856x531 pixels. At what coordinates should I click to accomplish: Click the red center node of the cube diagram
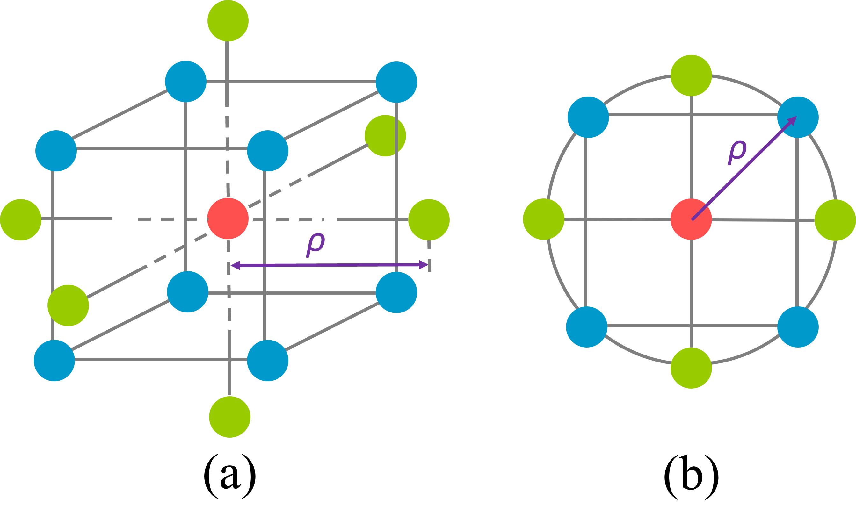(x=228, y=219)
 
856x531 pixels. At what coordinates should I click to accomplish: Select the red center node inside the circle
(x=691, y=219)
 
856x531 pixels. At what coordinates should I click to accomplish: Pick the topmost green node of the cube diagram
(x=228, y=21)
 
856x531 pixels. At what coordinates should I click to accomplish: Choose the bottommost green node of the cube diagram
(x=230, y=417)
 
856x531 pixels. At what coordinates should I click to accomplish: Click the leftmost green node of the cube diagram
(x=21, y=220)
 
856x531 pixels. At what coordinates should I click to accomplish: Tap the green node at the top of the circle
(x=691, y=75)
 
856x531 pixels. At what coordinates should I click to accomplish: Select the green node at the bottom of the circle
(x=691, y=368)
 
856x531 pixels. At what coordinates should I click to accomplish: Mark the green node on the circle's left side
(x=543, y=219)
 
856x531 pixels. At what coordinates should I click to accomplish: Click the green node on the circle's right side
(x=835, y=220)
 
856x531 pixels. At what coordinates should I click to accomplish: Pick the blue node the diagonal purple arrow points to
(x=798, y=117)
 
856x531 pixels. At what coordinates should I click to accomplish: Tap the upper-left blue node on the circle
(x=588, y=117)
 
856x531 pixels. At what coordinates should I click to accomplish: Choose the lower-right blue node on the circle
(x=798, y=327)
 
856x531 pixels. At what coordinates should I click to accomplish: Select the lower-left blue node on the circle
(x=587, y=327)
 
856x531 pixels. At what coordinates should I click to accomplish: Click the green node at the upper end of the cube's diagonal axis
(x=385, y=136)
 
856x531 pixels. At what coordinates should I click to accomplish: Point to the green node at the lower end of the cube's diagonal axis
(x=68, y=305)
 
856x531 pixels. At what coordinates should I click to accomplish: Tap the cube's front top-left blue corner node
(x=56, y=151)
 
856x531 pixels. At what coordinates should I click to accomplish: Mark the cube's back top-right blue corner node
(x=396, y=82)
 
